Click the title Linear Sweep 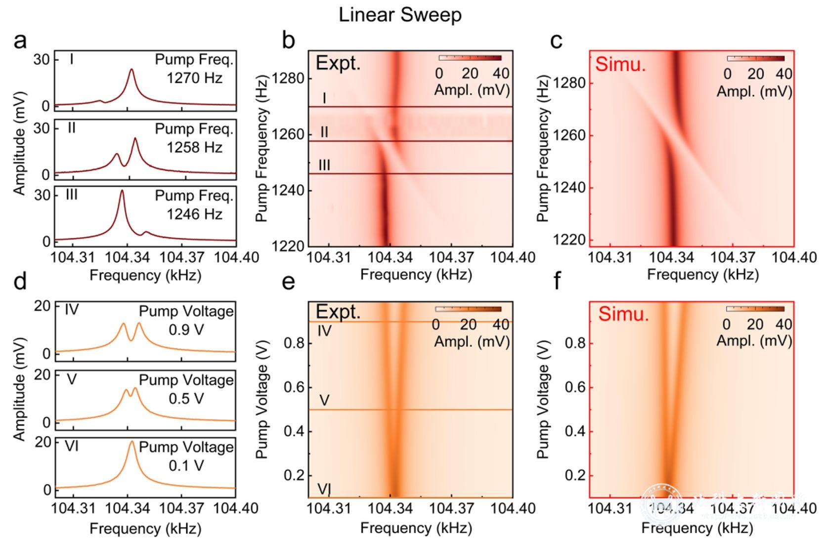tap(400, 15)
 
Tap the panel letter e tap(288, 281)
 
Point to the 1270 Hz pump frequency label tap(194, 78)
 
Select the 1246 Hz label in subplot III tap(194, 214)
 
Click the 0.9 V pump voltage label tap(186, 330)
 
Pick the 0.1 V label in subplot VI tap(186, 466)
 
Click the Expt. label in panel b tap(338, 63)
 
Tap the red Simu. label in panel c tap(620, 64)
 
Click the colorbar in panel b tap(470, 58)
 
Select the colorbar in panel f tap(755, 309)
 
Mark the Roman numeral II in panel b tap(324, 132)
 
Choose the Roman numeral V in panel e tap(324, 400)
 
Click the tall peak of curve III tap(122, 192)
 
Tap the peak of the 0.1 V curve tap(131, 442)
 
